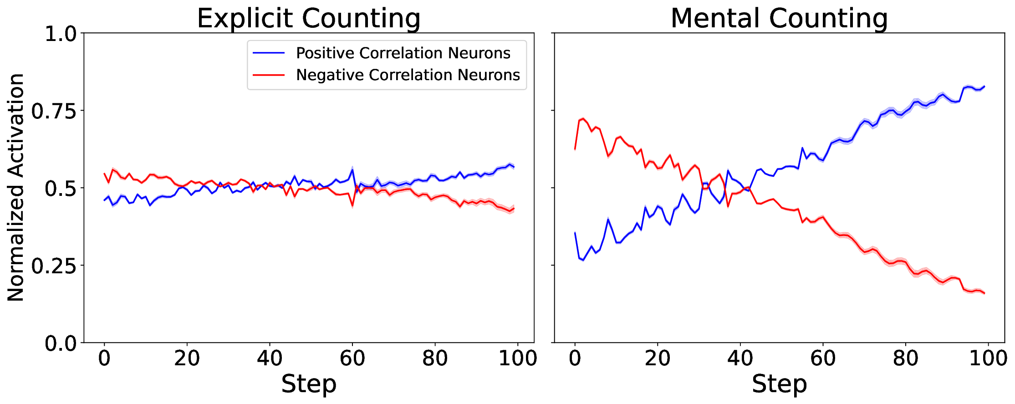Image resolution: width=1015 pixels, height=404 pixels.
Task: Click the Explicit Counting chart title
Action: (x=308, y=18)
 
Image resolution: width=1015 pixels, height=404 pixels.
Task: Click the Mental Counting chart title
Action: (x=779, y=18)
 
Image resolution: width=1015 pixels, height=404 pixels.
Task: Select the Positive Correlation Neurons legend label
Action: (x=403, y=53)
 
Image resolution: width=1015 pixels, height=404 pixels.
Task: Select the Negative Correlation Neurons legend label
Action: (x=408, y=75)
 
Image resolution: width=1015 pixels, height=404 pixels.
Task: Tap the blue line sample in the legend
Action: (x=269, y=53)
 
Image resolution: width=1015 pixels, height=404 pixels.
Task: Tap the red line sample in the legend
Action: (x=269, y=75)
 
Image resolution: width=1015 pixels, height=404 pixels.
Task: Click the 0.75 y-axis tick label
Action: (x=54, y=111)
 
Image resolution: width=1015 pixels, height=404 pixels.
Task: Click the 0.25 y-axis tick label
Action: (x=54, y=266)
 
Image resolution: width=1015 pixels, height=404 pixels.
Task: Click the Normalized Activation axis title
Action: (x=16, y=187)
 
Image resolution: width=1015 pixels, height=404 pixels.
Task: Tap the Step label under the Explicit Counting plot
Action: (x=308, y=384)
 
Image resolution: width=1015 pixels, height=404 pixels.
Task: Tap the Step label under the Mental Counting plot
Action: (x=779, y=384)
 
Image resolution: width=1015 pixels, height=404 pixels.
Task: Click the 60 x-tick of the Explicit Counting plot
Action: (x=352, y=358)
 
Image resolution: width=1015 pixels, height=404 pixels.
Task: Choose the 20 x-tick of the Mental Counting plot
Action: (x=657, y=358)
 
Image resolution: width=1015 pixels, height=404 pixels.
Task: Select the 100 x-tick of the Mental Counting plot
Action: (x=988, y=358)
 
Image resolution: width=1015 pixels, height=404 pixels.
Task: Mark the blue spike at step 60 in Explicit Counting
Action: (x=352, y=170)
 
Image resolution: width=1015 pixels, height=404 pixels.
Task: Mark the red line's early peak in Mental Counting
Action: (x=583, y=119)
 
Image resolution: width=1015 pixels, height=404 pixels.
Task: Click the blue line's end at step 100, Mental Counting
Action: (x=984, y=86)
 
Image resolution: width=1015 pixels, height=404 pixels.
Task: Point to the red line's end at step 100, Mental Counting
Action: (x=984, y=293)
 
